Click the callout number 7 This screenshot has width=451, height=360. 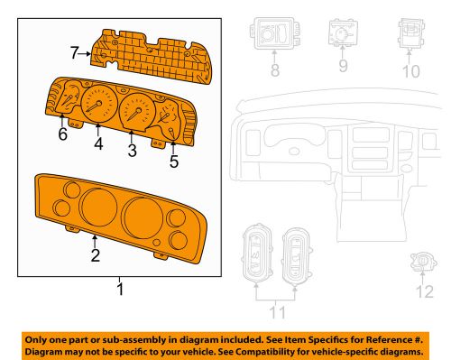pyautogui.click(x=74, y=53)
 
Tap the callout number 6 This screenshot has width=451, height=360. pyautogui.click(x=62, y=134)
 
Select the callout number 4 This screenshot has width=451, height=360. pyautogui.click(x=98, y=143)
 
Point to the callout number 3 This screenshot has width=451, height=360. pyautogui.click(x=132, y=151)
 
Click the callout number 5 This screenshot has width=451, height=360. pyautogui.click(x=174, y=162)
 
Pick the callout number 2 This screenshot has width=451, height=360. pyautogui.click(x=96, y=255)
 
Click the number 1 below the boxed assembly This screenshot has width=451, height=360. pyautogui.click(x=120, y=289)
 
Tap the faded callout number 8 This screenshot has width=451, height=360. pyautogui.click(x=275, y=70)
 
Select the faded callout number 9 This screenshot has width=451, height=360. pyautogui.click(x=344, y=66)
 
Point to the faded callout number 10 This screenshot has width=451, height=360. pyautogui.click(x=410, y=71)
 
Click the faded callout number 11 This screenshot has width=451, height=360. pyautogui.click(x=277, y=312)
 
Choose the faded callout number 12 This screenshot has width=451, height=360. pyautogui.click(x=425, y=291)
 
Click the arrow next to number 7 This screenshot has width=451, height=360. pyautogui.click(x=85, y=54)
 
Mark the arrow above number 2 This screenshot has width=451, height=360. pyautogui.click(x=95, y=242)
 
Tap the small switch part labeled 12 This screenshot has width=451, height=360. pyautogui.click(x=424, y=262)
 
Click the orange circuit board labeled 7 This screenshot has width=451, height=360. pyautogui.click(x=152, y=56)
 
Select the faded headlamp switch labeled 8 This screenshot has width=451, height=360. pyautogui.click(x=274, y=33)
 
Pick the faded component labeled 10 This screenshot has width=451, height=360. pyautogui.click(x=411, y=33)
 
